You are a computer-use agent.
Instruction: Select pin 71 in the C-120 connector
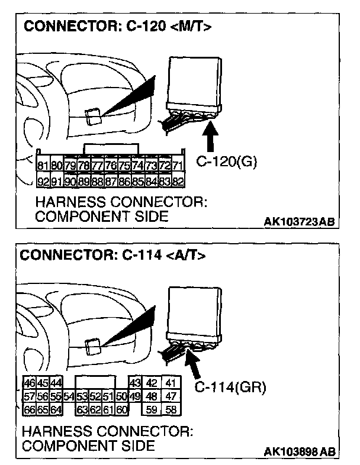[177, 166]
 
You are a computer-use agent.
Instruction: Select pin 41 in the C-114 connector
[171, 383]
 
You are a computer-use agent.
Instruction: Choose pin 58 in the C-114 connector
[171, 408]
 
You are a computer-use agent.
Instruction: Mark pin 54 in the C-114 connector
[70, 396]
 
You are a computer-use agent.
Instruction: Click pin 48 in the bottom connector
[152, 396]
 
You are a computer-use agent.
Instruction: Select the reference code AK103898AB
[299, 452]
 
